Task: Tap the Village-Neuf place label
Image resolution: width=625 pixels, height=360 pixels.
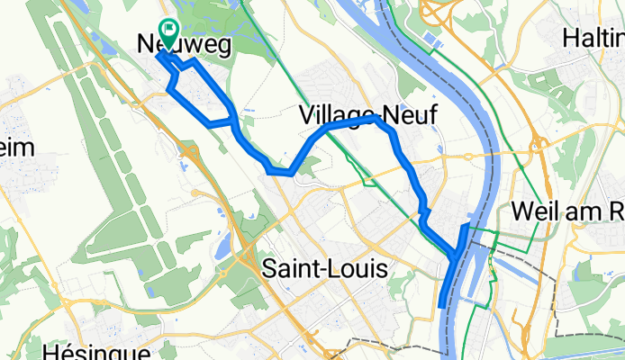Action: click(360, 113)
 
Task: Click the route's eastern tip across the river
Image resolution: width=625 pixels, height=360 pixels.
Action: click(468, 225)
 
